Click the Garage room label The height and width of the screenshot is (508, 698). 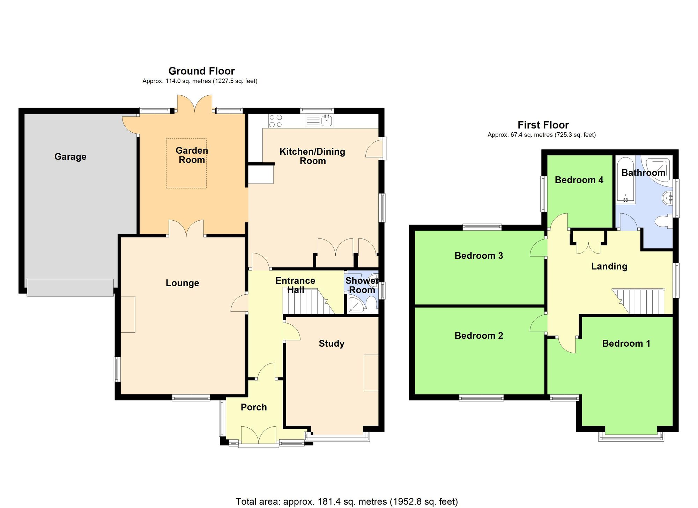[70, 157]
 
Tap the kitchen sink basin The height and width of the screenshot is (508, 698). [327, 121]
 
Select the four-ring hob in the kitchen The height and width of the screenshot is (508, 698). [276, 121]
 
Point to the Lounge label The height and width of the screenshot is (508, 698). [182, 283]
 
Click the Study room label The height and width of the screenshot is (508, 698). [332, 344]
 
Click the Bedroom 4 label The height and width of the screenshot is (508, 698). [579, 180]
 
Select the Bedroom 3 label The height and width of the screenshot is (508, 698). [478, 256]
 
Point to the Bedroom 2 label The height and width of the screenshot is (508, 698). [478, 336]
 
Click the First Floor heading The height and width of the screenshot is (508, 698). [543, 125]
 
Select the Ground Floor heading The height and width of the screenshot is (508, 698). [201, 71]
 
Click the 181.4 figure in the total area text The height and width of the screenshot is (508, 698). [329, 502]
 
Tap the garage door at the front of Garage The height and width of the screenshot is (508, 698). [70, 288]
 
